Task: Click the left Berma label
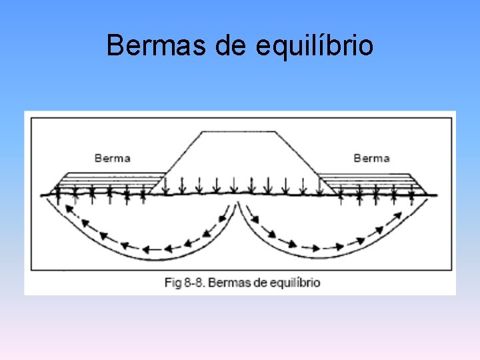pos(113,159)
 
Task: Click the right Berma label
pos(371,158)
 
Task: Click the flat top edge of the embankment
pos(240,131)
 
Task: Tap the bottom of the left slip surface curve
pos(143,257)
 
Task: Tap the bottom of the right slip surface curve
pos(333,257)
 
